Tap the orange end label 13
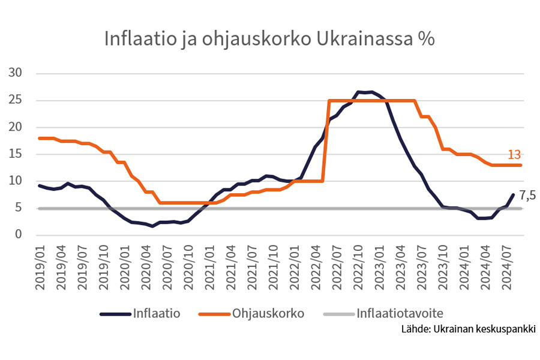pyautogui.click(x=514, y=155)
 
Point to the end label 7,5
pyautogui.click(x=526, y=195)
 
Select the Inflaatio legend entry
pyautogui.click(x=157, y=313)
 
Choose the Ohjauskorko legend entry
pyautogui.click(x=269, y=313)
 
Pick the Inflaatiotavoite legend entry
pyautogui.click(x=400, y=313)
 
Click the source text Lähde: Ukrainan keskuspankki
pyautogui.click(x=469, y=329)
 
